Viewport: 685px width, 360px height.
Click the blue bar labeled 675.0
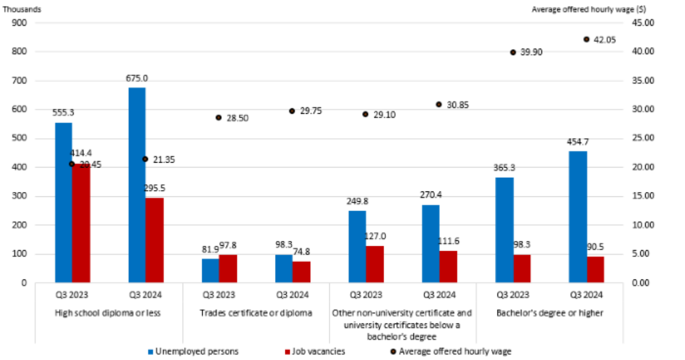137,185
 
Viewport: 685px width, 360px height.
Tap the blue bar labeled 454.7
578,217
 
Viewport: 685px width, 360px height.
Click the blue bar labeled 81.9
210,271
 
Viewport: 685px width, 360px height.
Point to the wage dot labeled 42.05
587,40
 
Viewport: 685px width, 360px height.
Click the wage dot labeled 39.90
513,52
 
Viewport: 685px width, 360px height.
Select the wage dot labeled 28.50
218,118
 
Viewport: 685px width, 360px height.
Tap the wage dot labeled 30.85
439,105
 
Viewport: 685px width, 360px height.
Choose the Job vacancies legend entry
314,351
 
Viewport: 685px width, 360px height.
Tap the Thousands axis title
22,9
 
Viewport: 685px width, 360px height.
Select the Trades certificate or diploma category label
256,313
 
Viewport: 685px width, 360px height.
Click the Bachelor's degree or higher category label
550,313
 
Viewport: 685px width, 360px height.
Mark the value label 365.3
504,168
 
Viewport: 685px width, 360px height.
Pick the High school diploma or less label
108,313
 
